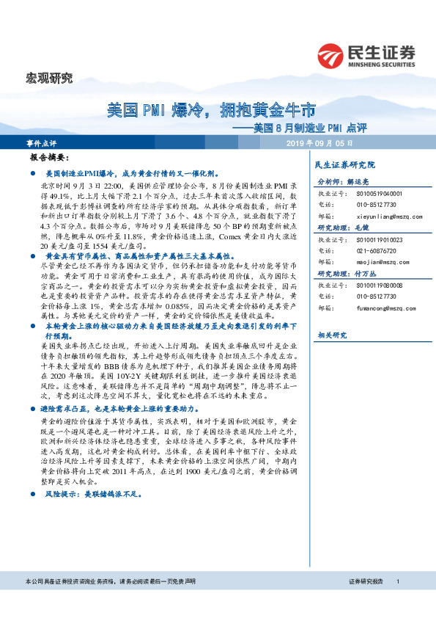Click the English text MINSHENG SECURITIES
[x=381, y=64]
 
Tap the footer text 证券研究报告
[x=366, y=602]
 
